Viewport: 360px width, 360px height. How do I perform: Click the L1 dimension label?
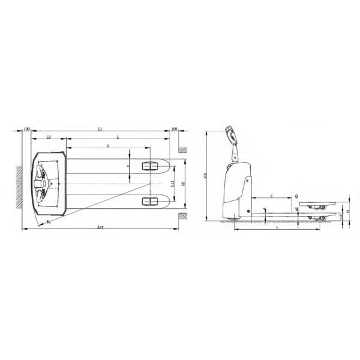click(100, 129)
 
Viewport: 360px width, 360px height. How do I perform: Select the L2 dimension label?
click(48, 137)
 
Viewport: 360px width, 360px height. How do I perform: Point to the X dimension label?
click(108, 146)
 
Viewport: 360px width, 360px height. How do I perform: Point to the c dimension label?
click(271, 196)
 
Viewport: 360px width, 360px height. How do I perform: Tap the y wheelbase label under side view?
click(276, 228)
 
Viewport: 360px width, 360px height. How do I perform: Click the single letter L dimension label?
click(118, 137)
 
